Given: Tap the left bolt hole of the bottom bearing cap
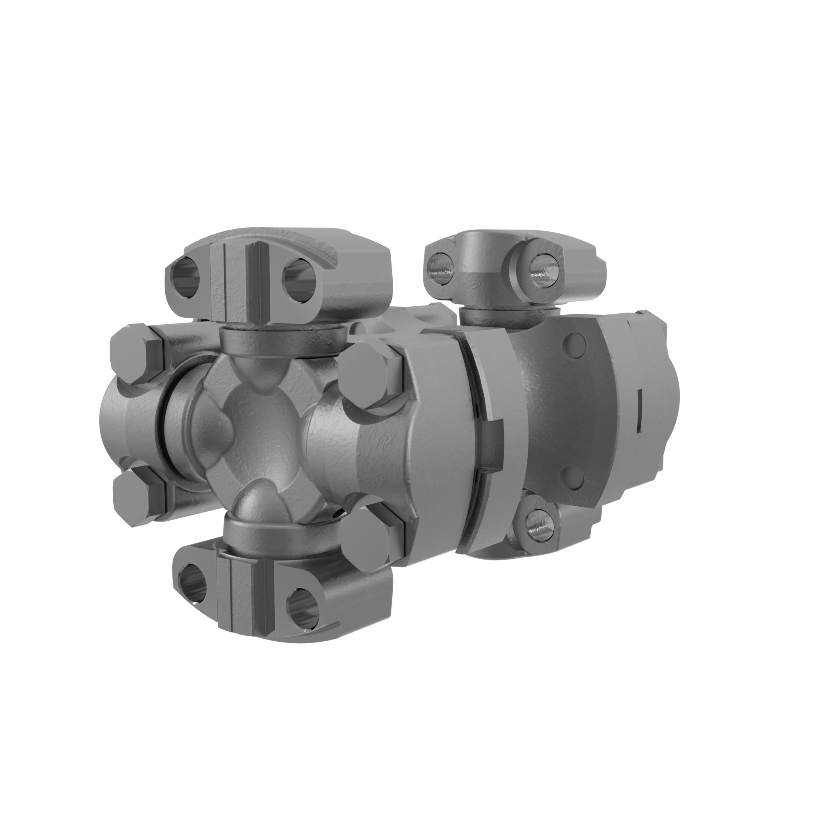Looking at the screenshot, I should [x=191, y=584].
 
